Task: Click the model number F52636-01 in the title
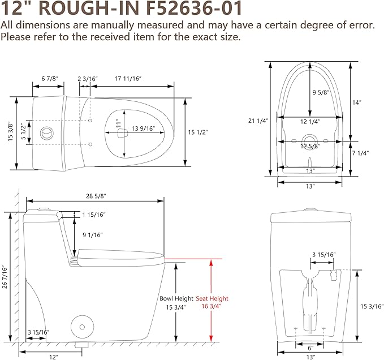point(194,8)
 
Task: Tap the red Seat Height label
point(212,298)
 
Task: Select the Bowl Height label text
point(176,298)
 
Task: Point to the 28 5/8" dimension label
point(96,196)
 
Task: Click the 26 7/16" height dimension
point(5,277)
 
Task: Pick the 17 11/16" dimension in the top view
point(128,79)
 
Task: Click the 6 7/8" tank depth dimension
point(50,79)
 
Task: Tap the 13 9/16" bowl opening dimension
point(143,128)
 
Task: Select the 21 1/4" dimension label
point(258,121)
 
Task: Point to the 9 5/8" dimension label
point(321,92)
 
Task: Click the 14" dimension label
point(357,102)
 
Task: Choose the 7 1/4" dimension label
point(360,153)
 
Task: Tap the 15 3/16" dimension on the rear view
point(372,306)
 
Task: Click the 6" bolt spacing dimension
point(310,348)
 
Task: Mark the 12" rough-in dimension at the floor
point(53,357)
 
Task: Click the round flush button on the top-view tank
point(46,133)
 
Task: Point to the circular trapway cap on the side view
point(83,327)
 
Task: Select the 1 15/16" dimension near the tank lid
point(94,215)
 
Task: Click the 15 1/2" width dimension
point(198,132)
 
